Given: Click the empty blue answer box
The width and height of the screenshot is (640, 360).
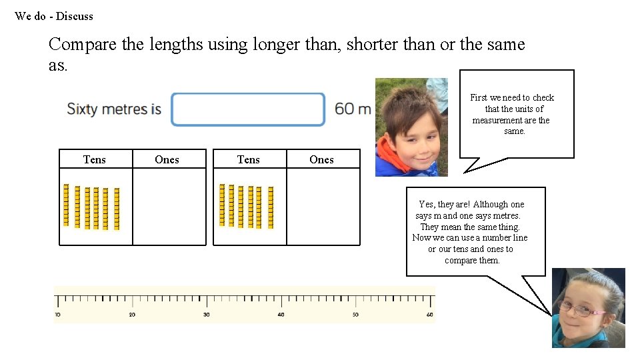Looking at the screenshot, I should pos(248,109).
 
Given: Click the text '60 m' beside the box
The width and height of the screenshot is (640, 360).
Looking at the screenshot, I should pos(353,109).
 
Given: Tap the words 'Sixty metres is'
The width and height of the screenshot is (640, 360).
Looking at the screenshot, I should pos(114,109).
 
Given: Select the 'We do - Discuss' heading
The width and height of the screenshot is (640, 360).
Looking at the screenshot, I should pos(54,16).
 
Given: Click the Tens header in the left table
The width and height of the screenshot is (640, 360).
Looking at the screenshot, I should pos(95,159).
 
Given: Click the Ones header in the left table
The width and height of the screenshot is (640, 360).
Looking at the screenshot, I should pos(167,159).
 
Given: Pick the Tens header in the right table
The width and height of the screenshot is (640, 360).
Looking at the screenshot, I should pos(249,159).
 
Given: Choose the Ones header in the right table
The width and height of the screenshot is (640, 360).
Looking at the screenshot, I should pos(321,159).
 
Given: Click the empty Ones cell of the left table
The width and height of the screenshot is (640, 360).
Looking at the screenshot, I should pos(169,207).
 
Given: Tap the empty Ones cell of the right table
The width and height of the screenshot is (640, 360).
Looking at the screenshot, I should pos(323,207).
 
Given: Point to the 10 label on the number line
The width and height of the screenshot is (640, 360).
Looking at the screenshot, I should pos(57,315).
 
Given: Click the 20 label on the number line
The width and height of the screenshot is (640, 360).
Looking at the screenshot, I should pos(132,315).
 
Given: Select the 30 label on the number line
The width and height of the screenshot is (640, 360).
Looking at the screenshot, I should pos(207,315).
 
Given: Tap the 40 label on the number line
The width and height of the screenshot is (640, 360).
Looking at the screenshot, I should pos(281,315).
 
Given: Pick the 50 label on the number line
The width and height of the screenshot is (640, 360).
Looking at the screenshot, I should pos(355,315).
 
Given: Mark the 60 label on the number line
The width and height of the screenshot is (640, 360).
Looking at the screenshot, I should pos(429,315).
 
